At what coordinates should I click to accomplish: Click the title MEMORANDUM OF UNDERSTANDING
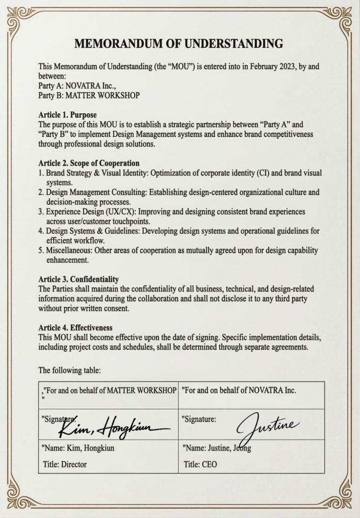179,44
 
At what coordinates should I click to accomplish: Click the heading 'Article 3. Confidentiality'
78,279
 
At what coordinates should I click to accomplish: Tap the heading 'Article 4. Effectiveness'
75,327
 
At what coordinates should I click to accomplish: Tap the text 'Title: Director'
65,463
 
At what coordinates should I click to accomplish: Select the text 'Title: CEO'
201,463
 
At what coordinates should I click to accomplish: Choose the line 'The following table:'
69,370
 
